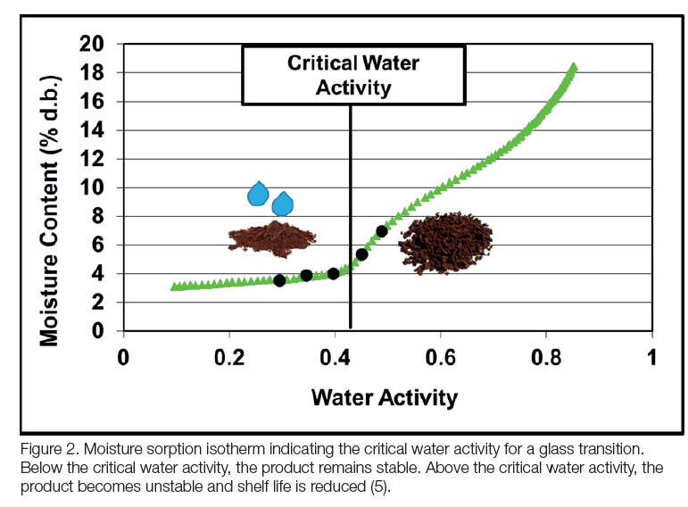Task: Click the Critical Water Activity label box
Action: click(352, 75)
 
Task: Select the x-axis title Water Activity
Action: click(384, 397)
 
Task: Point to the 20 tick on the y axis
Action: click(93, 44)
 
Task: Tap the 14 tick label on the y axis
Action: click(93, 130)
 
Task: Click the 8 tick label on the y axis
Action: click(98, 217)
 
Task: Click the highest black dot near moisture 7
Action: click(382, 231)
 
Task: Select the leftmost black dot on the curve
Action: click(279, 280)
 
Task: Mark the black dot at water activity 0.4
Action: click(334, 273)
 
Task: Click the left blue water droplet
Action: click(258, 194)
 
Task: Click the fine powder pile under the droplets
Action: click(272, 237)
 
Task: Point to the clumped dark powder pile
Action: click(444, 241)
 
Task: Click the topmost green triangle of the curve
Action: click(574, 67)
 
